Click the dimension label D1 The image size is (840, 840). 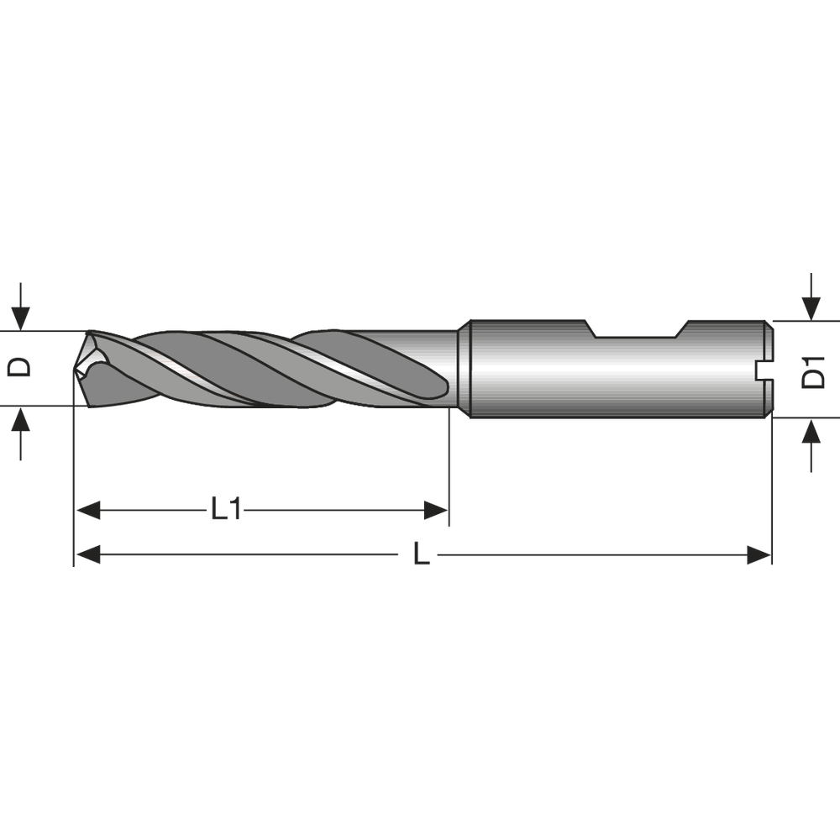coord(812,370)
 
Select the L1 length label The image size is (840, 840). coord(225,509)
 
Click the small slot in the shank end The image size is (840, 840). coord(764,369)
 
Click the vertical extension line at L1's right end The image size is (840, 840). coord(449,470)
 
